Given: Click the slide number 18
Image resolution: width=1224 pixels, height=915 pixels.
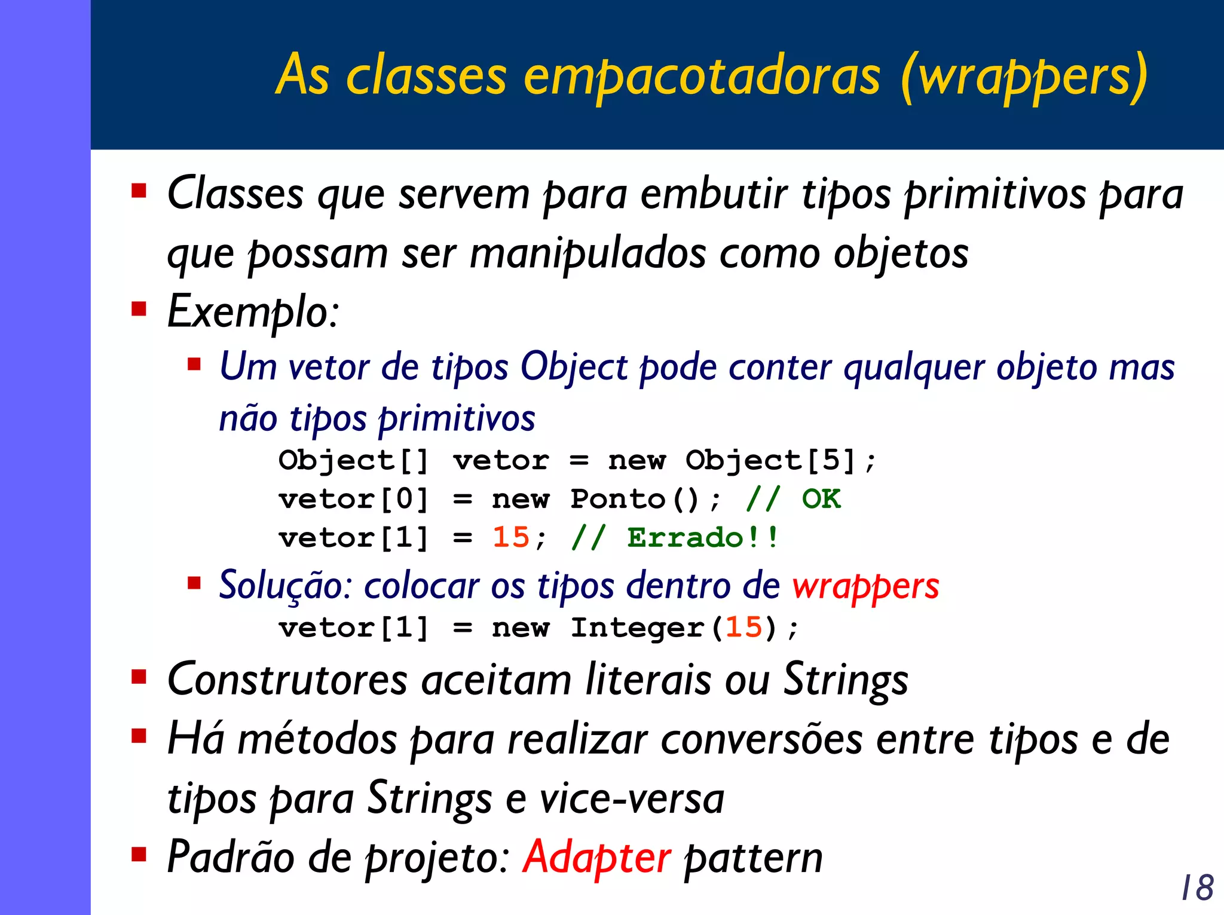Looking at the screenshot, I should (x=1197, y=887).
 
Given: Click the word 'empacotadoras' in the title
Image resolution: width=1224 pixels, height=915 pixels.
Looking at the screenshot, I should (x=702, y=76).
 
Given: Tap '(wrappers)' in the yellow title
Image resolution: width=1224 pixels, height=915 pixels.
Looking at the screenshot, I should (x=1024, y=76).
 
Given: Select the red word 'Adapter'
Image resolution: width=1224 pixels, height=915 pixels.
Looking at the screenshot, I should (x=596, y=858).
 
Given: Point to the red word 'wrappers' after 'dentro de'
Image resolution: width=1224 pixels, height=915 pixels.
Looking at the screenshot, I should (x=865, y=586).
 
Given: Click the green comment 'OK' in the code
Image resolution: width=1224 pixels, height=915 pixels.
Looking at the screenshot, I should (x=821, y=499).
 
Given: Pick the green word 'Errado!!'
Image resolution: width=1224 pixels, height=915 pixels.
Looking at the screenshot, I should (x=703, y=537).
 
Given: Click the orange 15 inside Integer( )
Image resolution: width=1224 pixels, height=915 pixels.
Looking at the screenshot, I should (x=743, y=628).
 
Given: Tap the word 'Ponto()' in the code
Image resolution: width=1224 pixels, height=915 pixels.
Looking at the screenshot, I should (x=634, y=499).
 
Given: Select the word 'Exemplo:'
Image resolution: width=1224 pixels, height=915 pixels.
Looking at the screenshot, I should (x=253, y=313).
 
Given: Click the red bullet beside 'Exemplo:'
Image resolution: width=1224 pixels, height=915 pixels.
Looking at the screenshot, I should (x=139, y=309).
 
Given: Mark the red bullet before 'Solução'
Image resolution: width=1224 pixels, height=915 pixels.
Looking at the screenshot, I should (x=194, y=582).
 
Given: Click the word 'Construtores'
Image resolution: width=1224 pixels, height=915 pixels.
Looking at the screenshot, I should (x=287, y=680).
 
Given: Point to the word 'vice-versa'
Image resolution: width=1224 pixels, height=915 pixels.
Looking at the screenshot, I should (x=632, y=799).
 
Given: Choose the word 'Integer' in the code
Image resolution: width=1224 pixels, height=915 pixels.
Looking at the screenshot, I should (x=637, y=628).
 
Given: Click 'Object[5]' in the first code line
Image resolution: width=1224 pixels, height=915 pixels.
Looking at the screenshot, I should (x=772, y=461).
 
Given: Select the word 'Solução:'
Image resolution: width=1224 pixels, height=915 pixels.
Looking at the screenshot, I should (x=286, y=586).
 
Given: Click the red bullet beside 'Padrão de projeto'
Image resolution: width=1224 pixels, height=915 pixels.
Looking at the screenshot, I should (x=139, y=854).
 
